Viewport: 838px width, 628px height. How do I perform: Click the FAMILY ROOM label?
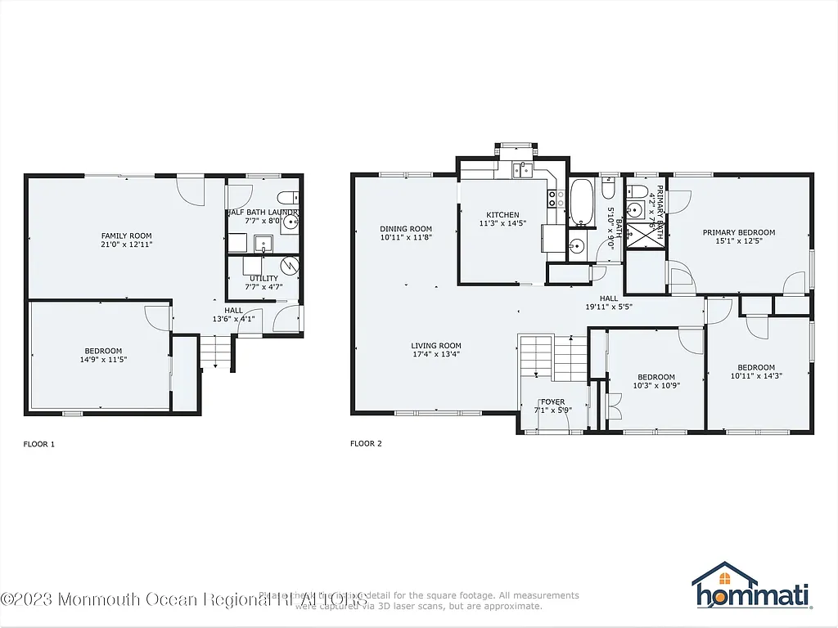(x=126, y=235)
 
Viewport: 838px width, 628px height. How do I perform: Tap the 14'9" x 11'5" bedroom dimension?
(x=103, y=359)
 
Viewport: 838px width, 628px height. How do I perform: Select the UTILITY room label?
(x=263, y=278)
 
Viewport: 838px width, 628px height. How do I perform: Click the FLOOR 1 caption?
(x=38, y=444)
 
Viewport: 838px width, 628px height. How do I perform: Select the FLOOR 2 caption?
(x=366, y=444)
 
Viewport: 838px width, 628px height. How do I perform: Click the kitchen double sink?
(x=523, y=170)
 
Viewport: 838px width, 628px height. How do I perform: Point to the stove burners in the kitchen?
(x=552, y=197)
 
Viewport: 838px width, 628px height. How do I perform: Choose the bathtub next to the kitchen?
(x=582, y=202)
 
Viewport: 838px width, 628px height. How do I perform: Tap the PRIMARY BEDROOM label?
(x=738, y=232)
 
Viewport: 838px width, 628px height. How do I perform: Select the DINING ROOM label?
(x=405, y=228)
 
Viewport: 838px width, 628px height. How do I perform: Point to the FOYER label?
(x=552, y=401)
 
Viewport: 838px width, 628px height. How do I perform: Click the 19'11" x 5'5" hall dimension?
(x=608, y=307)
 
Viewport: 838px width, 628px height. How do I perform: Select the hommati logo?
(x=750, y=589)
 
